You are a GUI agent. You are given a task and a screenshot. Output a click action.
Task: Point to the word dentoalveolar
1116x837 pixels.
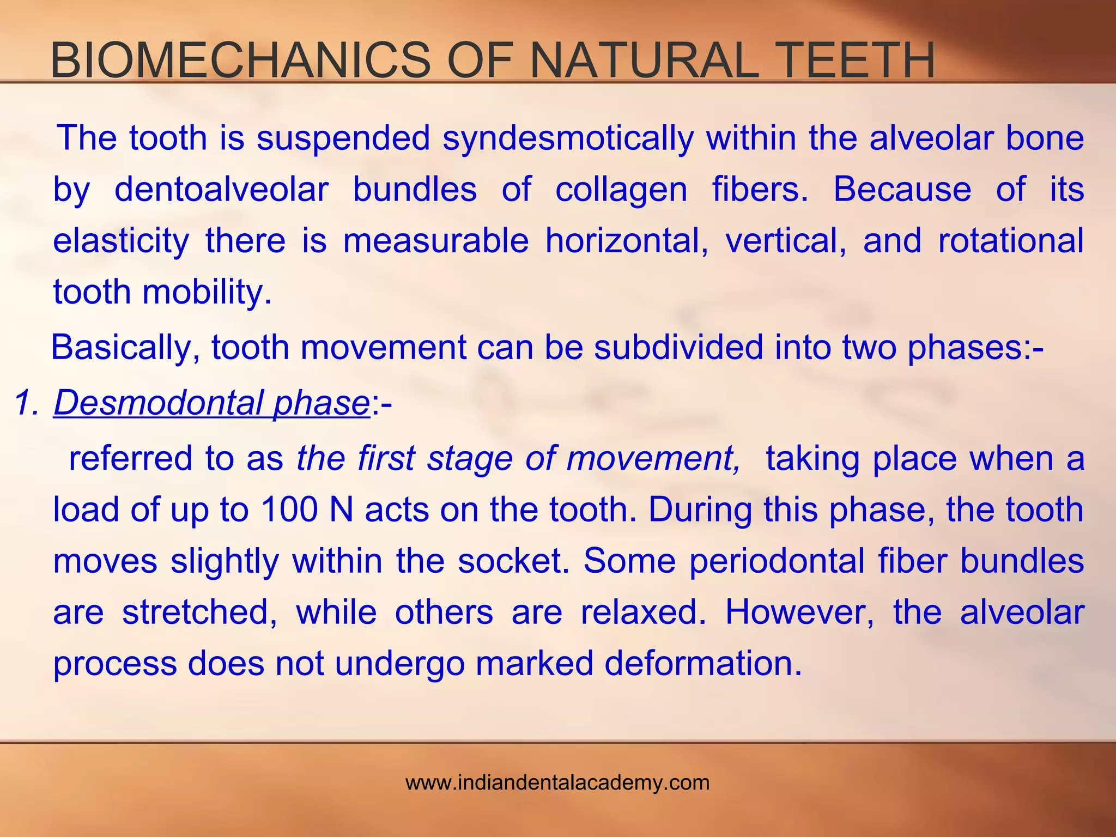[x=221, y=189]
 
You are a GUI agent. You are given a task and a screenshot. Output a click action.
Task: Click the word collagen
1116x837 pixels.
[x=621, y=190]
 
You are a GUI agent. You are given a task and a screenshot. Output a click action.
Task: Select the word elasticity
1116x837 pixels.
[x=121, y=241]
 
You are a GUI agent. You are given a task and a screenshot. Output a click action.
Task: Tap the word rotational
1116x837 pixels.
[x=1011, y=240]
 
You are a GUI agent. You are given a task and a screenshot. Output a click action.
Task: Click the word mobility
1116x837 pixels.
[x=207, y=293]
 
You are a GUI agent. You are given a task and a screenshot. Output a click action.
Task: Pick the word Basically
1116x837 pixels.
[x=125, y=348]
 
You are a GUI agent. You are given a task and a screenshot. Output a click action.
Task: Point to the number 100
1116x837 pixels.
[x=289, y=510]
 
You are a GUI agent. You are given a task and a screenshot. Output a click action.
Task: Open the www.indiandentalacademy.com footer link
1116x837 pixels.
[x=557, y=783]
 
